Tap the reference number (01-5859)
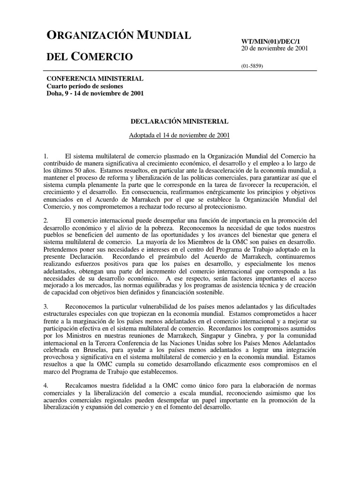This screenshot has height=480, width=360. pyautogui.click(x=252, y=66)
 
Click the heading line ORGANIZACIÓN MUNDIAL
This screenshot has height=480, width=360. pyautogui.click(x=119, y=35)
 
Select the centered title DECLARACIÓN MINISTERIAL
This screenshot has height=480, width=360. pyautogui.click(x=180, y=121)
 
